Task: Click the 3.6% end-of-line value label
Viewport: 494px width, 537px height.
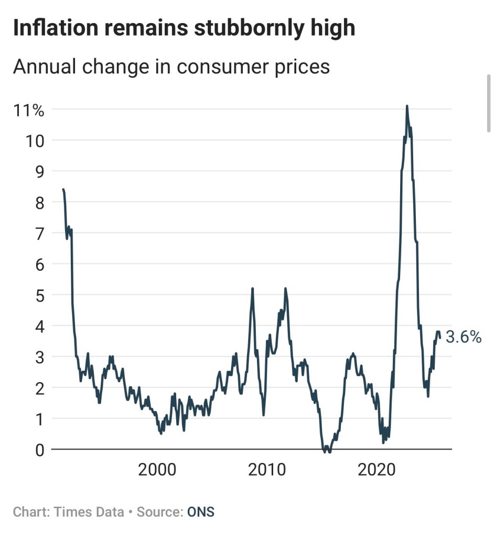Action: tap(464, 337)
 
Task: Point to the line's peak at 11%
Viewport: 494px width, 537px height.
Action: tap(407, 106)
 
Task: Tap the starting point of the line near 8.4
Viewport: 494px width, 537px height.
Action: tap(63, 189)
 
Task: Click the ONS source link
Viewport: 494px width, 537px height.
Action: tap(201, 512)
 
